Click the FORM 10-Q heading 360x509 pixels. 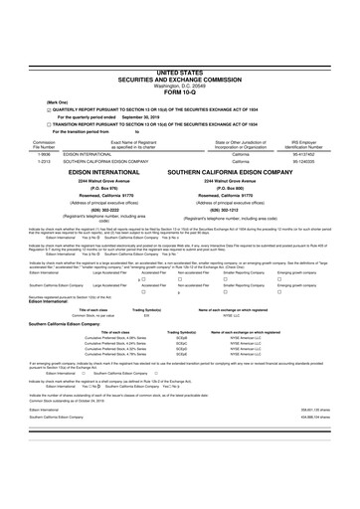179,37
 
